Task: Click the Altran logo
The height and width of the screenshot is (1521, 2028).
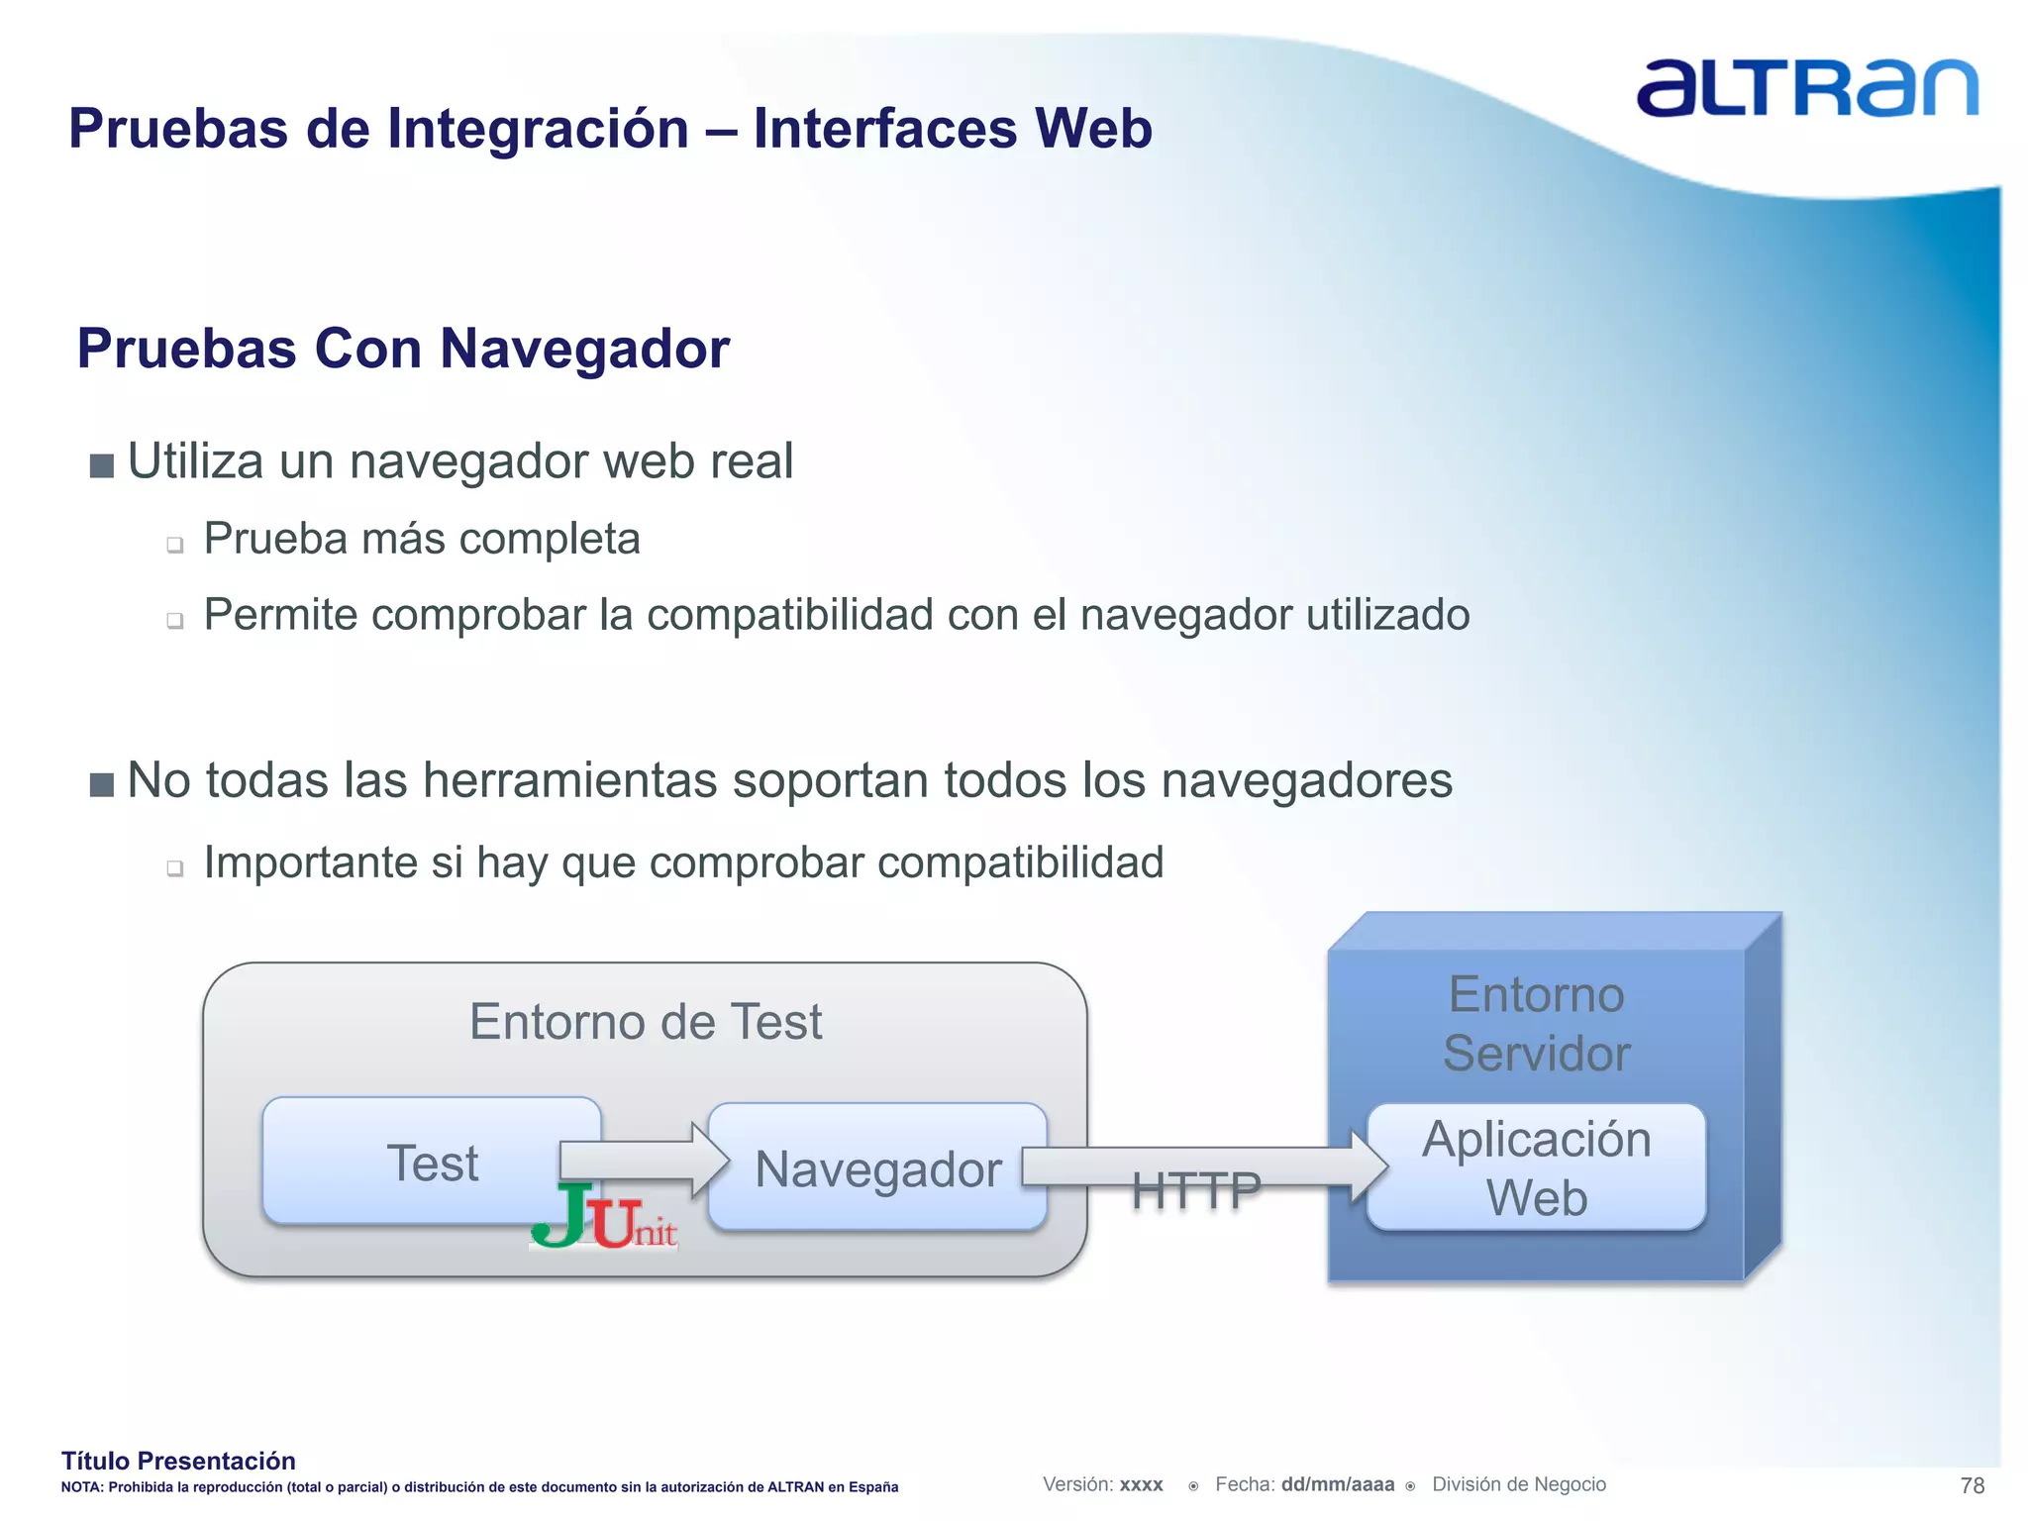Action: click(x=1806, y=89)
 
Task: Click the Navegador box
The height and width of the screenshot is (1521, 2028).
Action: click(x=877, y=1168)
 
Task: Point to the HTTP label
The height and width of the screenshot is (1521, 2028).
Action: click(x=1196, y=1190)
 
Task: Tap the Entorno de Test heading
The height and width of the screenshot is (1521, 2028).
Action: click(x=646, y=1022)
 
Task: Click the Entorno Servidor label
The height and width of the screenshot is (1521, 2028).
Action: click(x=1536, y=1024)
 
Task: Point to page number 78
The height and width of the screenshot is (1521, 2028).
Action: click(x=1972, y=1485)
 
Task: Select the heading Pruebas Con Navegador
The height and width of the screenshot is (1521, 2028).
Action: click(x=403, y=349)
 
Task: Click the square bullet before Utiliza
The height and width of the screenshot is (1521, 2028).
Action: click(x=101, y=465)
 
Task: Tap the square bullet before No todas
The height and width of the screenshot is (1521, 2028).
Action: click(x=101, y=784)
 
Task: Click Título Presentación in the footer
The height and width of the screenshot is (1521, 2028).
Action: click(x=178, y=1461)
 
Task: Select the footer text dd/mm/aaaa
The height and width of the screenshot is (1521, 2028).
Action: click(x=1337, y=1484)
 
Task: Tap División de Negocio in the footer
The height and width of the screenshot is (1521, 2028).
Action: click(x=1518, y=1484)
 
